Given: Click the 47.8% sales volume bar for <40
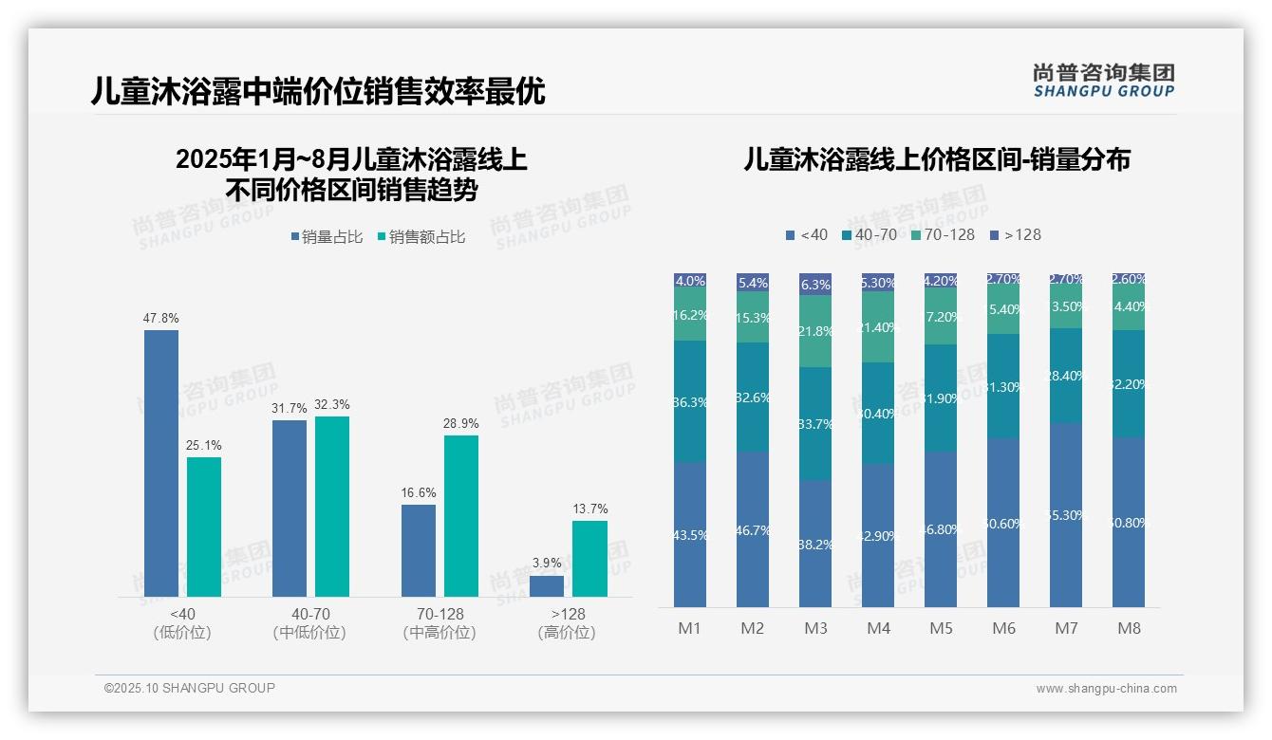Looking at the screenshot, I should [161, 463].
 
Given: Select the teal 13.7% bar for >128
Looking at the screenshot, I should [589, 559].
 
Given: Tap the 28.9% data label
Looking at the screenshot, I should [461, 423].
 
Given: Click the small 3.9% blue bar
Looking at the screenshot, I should [547, 586].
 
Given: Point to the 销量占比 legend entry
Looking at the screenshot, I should [327, 237].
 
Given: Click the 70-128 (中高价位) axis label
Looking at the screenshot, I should [440, 623].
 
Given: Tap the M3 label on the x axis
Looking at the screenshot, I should [815, 628].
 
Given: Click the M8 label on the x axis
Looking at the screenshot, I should [1129, 628].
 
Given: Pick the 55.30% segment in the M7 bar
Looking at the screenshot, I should [1066, 515].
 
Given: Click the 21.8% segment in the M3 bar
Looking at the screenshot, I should [815, 331].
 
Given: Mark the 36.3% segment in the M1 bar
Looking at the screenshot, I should [690, 401].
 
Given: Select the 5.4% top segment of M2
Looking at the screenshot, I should [753, 283].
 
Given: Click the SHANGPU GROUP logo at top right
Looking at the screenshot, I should [1103, 81].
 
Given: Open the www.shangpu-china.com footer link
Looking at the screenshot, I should [1106, 689].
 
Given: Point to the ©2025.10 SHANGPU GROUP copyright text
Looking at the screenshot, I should [190, 688].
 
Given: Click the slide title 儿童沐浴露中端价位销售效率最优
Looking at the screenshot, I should [318, 91].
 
